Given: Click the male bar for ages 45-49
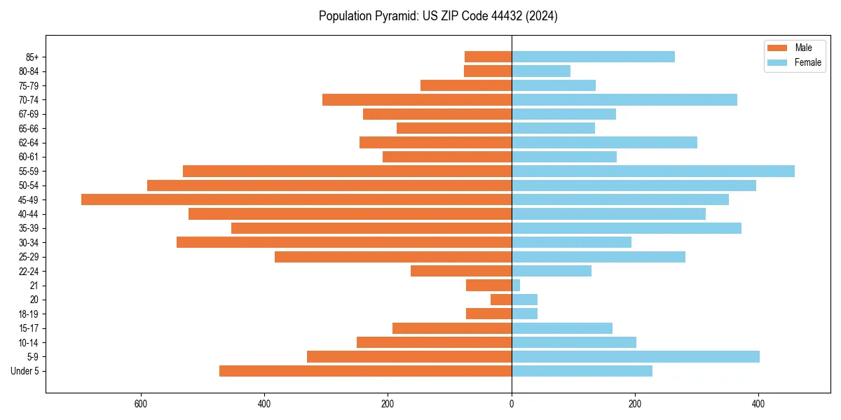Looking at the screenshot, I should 296,199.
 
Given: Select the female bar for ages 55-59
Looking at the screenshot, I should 653,171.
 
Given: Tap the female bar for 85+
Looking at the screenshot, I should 593,57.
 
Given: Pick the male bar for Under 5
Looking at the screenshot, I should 365,371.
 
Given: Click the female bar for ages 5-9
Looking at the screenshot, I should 636,356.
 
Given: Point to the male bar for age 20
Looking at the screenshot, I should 501,300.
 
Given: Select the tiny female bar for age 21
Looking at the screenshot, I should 516,285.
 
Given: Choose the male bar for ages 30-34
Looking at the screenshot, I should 344,242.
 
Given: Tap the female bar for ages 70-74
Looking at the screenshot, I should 624,99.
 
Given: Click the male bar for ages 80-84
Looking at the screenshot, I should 488,71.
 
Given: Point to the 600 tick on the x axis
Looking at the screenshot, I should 141,404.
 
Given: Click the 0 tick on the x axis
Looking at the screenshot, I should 512,404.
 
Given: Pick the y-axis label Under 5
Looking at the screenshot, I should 25,371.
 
